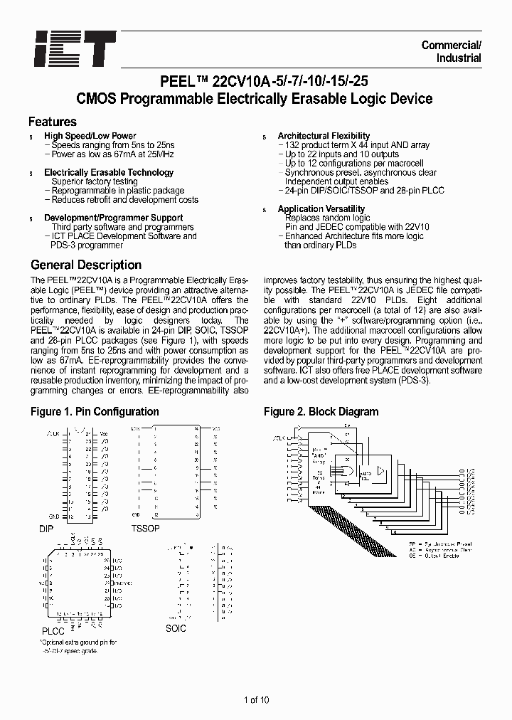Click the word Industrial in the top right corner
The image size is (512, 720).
[459, 58]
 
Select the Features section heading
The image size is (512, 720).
[53, 122]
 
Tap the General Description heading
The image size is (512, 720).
[86, 265]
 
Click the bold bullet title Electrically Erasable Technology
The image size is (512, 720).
[109, 172]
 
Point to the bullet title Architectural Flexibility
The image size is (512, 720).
[324, 136]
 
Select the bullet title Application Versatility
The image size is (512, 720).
[321, 209]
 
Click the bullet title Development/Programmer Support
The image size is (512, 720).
[114, 218]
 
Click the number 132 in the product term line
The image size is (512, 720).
[292, 145]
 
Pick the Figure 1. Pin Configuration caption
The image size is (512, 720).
[95, 412]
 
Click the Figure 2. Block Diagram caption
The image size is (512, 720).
[321, 412]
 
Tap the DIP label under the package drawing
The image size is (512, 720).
[46, 530]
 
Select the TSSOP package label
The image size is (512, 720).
[146, 529]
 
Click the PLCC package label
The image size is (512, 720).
[53, 631]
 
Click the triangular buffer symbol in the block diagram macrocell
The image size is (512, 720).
[378, 471]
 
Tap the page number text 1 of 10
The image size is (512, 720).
[256, 700]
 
